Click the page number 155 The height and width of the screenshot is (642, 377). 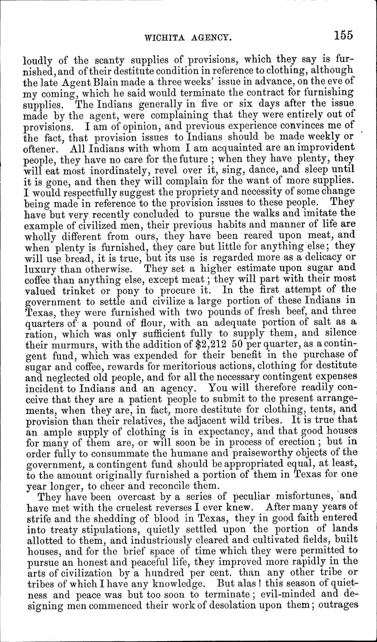click(x=343, y=35)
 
